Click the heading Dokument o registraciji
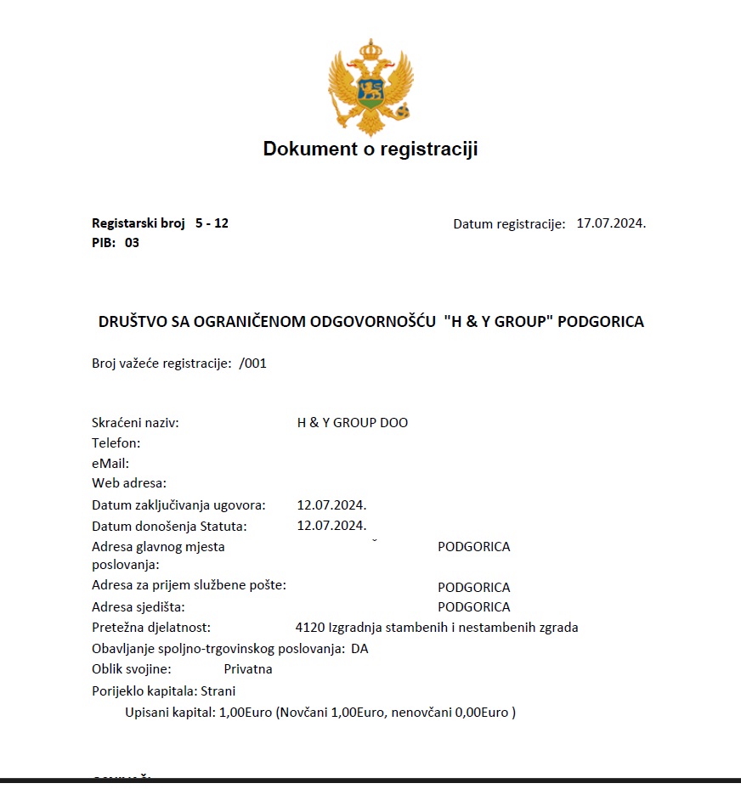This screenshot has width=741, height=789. point(370,149)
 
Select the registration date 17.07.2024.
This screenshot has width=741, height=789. point(611,223)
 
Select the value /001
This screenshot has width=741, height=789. point(253,363)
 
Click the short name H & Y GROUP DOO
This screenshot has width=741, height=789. point(352,422)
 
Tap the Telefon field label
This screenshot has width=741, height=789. point(116,442)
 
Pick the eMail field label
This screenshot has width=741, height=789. point(110,463)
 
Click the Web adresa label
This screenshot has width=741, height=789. point(129,483)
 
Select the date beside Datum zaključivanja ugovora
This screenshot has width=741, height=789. point(331,505)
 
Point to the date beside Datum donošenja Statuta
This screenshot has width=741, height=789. point(331,526)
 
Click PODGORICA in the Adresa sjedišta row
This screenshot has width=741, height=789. point(473,607)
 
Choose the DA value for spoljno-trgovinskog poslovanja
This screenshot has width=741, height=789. point(359,649)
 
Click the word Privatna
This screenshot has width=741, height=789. point(248,669)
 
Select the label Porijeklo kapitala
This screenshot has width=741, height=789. point(144,690)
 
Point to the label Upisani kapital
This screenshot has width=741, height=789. point(168,712)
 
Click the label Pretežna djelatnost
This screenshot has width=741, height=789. point(150,628)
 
